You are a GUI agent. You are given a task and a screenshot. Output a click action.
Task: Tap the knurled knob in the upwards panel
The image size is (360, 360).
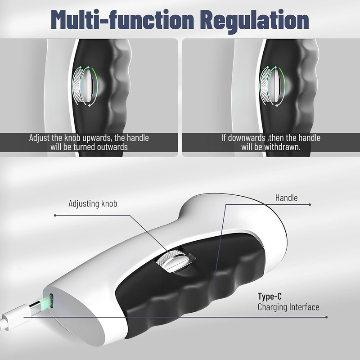click(x=82, y=84)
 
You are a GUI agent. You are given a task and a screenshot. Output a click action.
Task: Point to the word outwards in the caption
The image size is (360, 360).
click(x=111, y=147)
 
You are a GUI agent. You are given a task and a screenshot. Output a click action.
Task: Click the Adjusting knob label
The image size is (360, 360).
click(x=93, y=204)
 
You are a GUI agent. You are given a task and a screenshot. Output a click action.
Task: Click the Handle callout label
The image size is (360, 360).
click(x=286, y=198)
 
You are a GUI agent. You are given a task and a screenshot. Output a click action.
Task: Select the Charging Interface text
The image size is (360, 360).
click(x=288, y=307)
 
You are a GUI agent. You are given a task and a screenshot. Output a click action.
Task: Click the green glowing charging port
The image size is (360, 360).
click(x=52, y=301)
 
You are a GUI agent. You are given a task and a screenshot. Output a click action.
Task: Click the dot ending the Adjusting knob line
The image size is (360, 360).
click(x=54, y=215)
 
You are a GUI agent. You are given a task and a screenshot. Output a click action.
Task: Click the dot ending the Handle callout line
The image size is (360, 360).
click(x=310, y=204)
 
